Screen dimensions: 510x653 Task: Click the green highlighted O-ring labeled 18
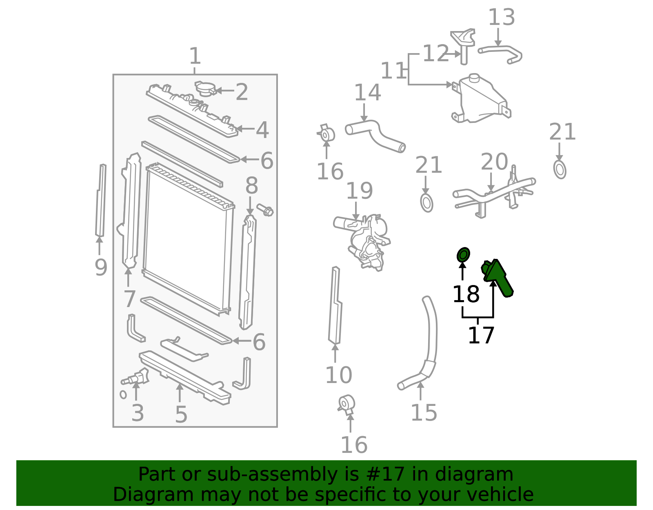[x=463, y=255]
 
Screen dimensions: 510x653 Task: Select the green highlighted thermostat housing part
[x=498, y=277]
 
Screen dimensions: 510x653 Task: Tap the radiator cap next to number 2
[x=205, y=89]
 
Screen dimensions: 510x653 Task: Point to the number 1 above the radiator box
[x=195, y=56]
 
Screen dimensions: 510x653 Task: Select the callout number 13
[x=502, y=18]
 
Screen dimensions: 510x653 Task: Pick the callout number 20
[x=494, y=162]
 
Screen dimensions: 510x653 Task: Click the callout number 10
[x=338, y=375]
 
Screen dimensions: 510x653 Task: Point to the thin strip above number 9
[x=100, y=200]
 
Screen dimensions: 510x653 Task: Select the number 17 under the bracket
[x=481, y=336]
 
